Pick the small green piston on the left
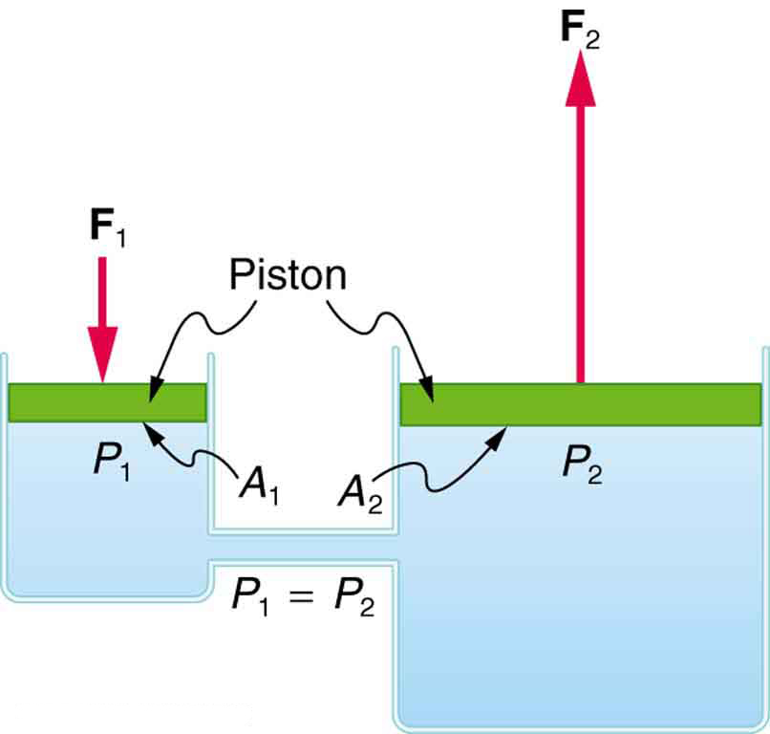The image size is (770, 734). [x=107, y=402]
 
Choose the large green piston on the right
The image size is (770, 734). [x=580, y=404]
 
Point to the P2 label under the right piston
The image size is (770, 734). [x=581, y=466]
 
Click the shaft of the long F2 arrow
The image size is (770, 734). [x=578, y=239]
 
